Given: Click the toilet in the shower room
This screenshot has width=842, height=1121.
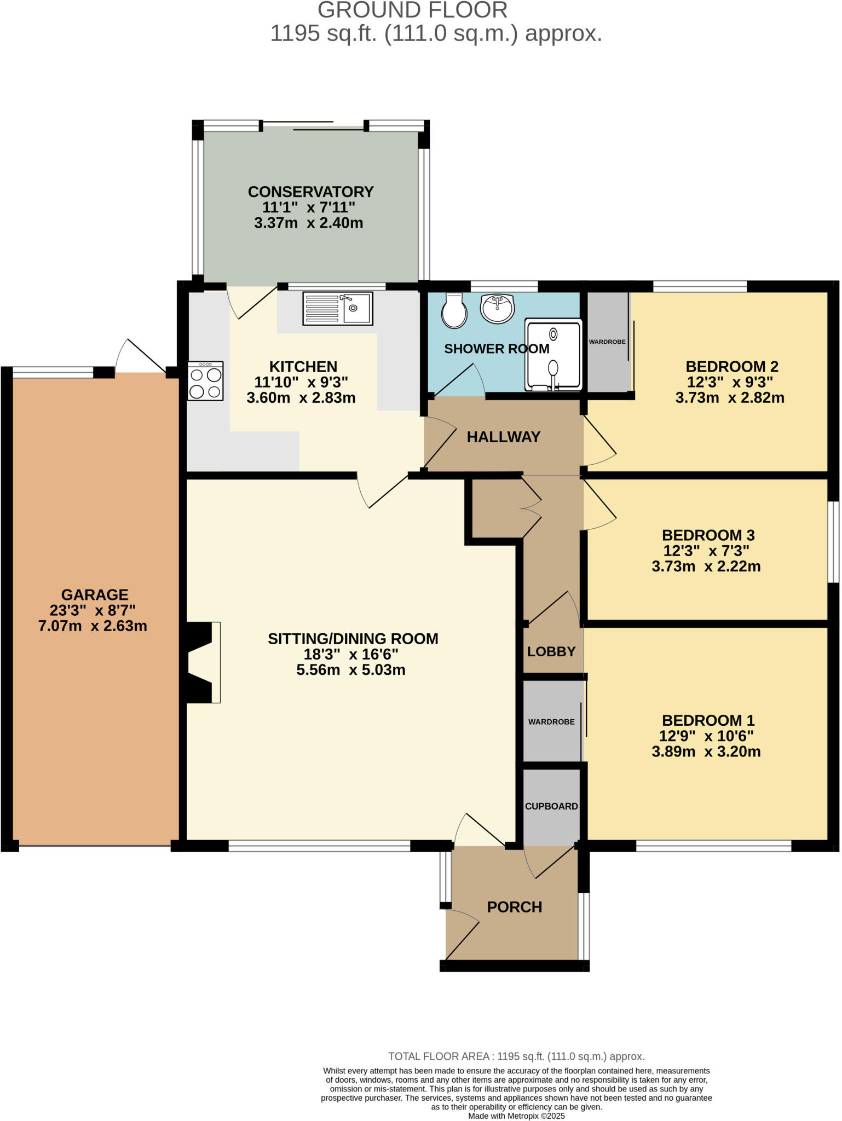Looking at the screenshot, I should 454,311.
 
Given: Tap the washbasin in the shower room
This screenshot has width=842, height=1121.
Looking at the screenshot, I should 497,308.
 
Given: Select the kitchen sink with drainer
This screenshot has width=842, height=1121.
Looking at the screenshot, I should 337,309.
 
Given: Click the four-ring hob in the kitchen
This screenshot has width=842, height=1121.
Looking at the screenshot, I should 205,381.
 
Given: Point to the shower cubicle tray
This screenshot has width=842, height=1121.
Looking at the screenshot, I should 553,355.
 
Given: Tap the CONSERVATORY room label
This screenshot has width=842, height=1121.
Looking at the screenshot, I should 310,192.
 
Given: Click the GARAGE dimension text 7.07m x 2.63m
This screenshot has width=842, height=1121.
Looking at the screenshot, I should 93,626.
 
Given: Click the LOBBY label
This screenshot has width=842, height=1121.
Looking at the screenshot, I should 551,651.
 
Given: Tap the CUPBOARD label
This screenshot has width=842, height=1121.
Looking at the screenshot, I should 551,806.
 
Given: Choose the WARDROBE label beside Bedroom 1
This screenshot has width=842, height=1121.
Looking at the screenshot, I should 551,722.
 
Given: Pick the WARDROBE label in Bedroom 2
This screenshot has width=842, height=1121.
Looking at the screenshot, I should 607,342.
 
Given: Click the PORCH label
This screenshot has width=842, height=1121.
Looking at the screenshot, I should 515,907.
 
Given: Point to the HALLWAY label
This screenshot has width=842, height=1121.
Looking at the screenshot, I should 503,437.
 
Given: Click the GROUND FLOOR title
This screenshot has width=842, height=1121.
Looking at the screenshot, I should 412,10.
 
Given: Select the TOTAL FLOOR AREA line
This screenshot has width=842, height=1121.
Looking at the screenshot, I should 516,1056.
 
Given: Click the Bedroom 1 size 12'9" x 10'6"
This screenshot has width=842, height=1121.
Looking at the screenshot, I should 706,736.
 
